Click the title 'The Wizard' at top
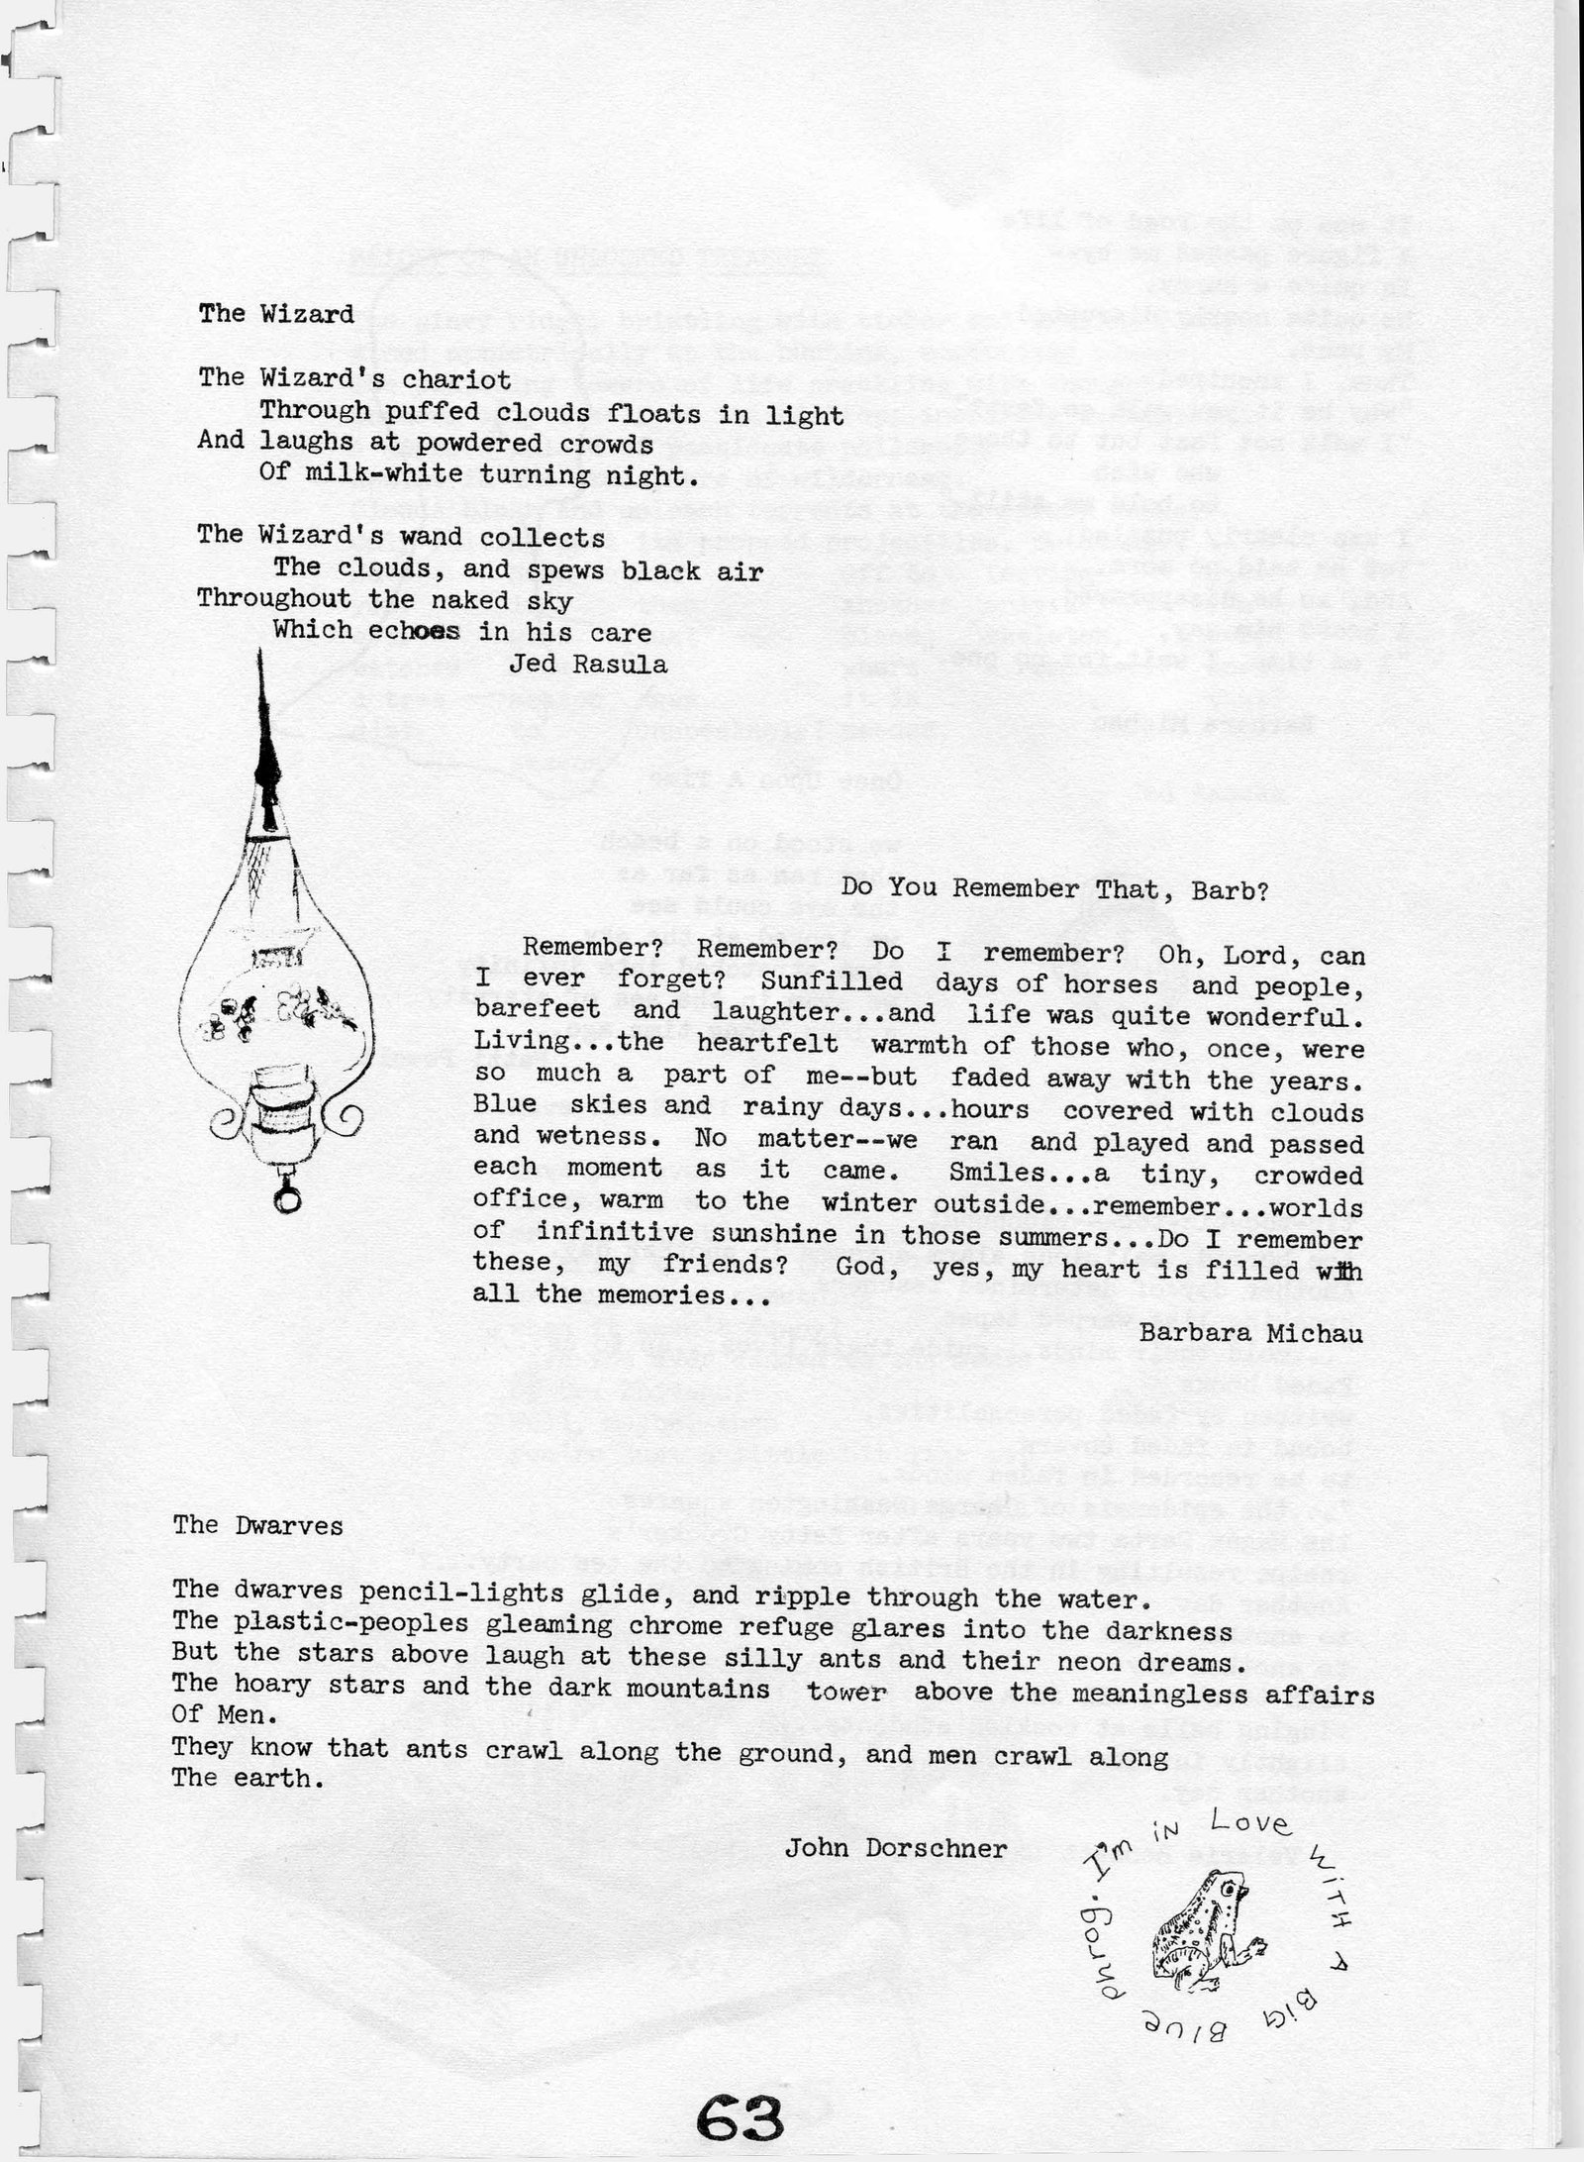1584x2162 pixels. coord(276,314)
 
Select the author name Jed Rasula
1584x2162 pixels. coord(587,665)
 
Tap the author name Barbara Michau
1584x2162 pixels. coord(1250,1333)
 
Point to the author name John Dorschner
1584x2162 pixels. coord(896,1848)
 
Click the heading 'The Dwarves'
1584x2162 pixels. coord(257,1525)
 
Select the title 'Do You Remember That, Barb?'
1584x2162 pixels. coord(1054,889)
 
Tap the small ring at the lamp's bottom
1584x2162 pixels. coord(287,1200)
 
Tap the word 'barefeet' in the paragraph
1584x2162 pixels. coord(537,1009)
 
